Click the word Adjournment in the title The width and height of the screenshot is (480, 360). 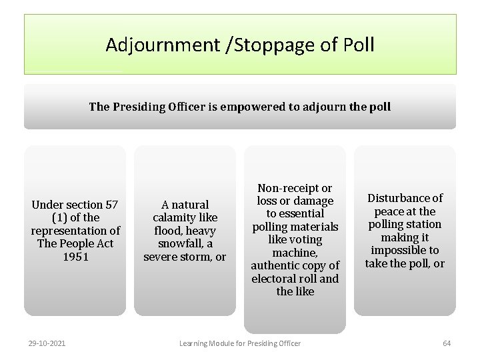click(x=160, y=45)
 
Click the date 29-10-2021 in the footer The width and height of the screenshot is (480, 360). click(x=47, y=343)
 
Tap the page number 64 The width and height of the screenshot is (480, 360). click(x=447, y=343)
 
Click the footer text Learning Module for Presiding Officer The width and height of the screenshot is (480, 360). click(x=240, y=343)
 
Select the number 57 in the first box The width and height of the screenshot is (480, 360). click(x=112, y=205)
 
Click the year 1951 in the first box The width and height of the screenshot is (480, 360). click(x=75, y=257)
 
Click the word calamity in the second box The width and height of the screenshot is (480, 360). click(x=176, y=218)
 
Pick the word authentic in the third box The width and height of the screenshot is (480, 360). click(x=275, y=266)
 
